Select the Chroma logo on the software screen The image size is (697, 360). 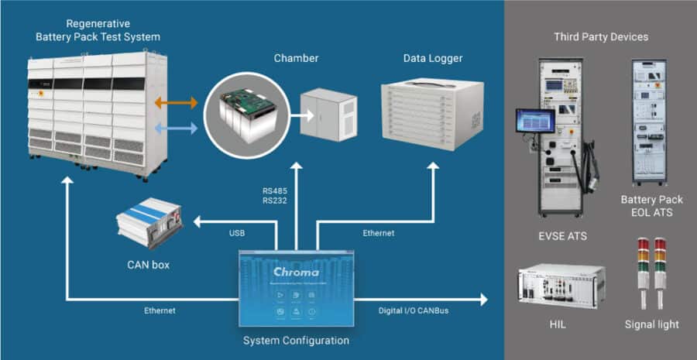(x=297, y=273)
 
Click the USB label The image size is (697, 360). (x=239, y=233)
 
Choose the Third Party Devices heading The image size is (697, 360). (x=601, y=36)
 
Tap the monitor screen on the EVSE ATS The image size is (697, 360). (x=535, y=121)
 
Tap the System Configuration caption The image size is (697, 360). (x=297, y=341)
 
